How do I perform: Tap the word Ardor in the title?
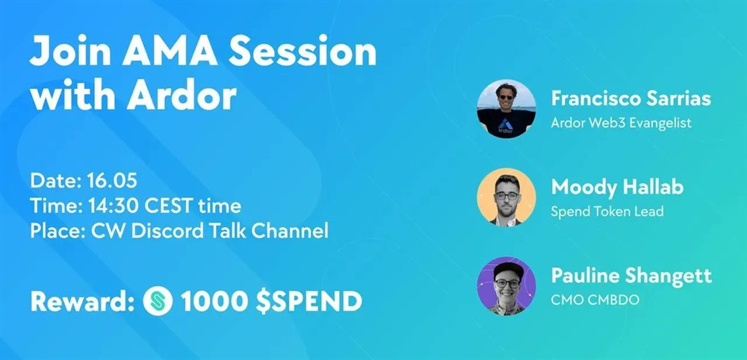pyautogui.click(x=182, y=96)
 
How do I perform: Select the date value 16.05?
pyautogui.click(x=112, y=181)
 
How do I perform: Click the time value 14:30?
pyautogui.click(x=114, y=206)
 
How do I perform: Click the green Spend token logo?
pyautogui.click(x=158, y=301)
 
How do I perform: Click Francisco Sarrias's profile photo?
pyautogui.click(x=506, y=109)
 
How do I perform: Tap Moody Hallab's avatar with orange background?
pyautogui.click(x=506, y=197)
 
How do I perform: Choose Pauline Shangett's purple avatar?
pyautogui.click(x=506, y=286)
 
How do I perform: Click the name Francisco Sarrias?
pyautogui.click(x=630, y=99)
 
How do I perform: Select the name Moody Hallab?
pyautogui.click(x=617, y=187)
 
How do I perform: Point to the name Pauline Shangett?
pyautogui.click(x=631, y=276)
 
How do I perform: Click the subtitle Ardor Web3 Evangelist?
pyautogui.click(x=621, y=122)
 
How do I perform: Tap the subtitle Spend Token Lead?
pyautogui.click(x=607, y=211)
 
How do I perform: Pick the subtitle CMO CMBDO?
pyautogui.click(x=595, y=300)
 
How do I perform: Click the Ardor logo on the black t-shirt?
pyautogui.click(x=506, y=126)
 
